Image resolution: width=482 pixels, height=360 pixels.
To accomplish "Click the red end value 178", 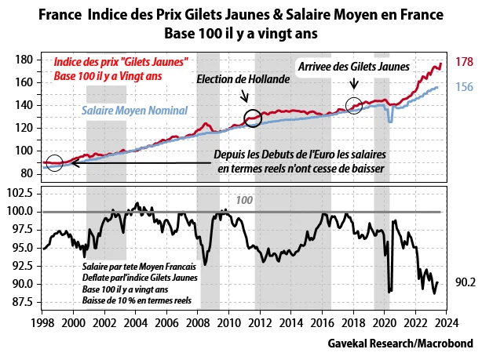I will (463, 62).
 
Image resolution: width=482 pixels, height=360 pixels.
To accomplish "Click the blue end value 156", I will (463, 87).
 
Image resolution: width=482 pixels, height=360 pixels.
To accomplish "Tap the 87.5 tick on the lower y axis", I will (23, 302).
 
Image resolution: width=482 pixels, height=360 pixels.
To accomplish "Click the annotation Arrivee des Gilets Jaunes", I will (353, 67).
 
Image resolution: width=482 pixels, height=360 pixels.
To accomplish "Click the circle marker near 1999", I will (53, 162).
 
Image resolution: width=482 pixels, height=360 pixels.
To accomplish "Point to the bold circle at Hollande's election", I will (253, 118).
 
